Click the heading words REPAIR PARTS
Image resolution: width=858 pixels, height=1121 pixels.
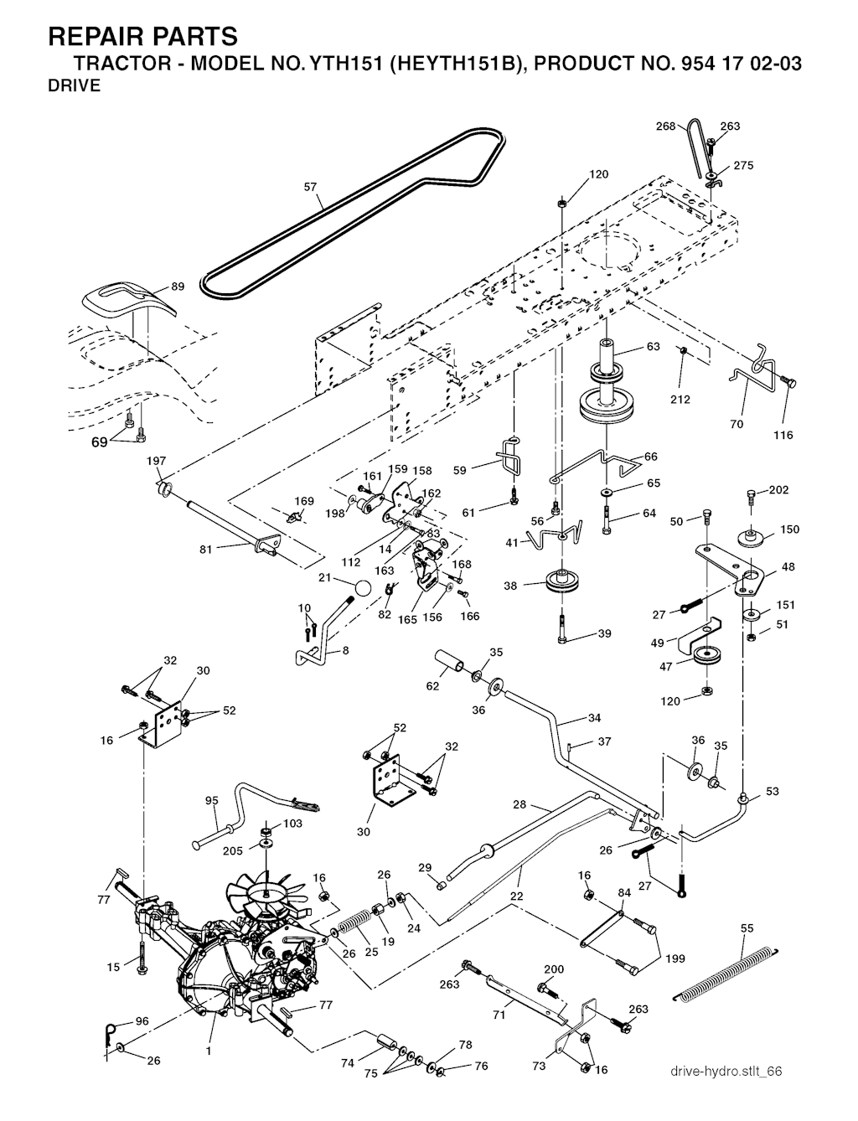click(x=142, y=36)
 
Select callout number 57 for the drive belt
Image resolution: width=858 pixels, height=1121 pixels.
click(x=311, y=187)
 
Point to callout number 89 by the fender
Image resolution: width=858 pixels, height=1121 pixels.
click(x=178, y=287)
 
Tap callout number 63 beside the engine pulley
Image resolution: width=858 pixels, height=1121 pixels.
click(x=654, y=347)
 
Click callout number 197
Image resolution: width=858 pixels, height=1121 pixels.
click(x=157, y=461)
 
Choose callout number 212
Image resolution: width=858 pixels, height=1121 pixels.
click(x=680, y=399)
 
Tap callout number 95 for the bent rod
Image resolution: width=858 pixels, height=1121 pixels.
click(x=211, y=801)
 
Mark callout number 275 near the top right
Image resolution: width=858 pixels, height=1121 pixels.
click(x=743, y=166)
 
